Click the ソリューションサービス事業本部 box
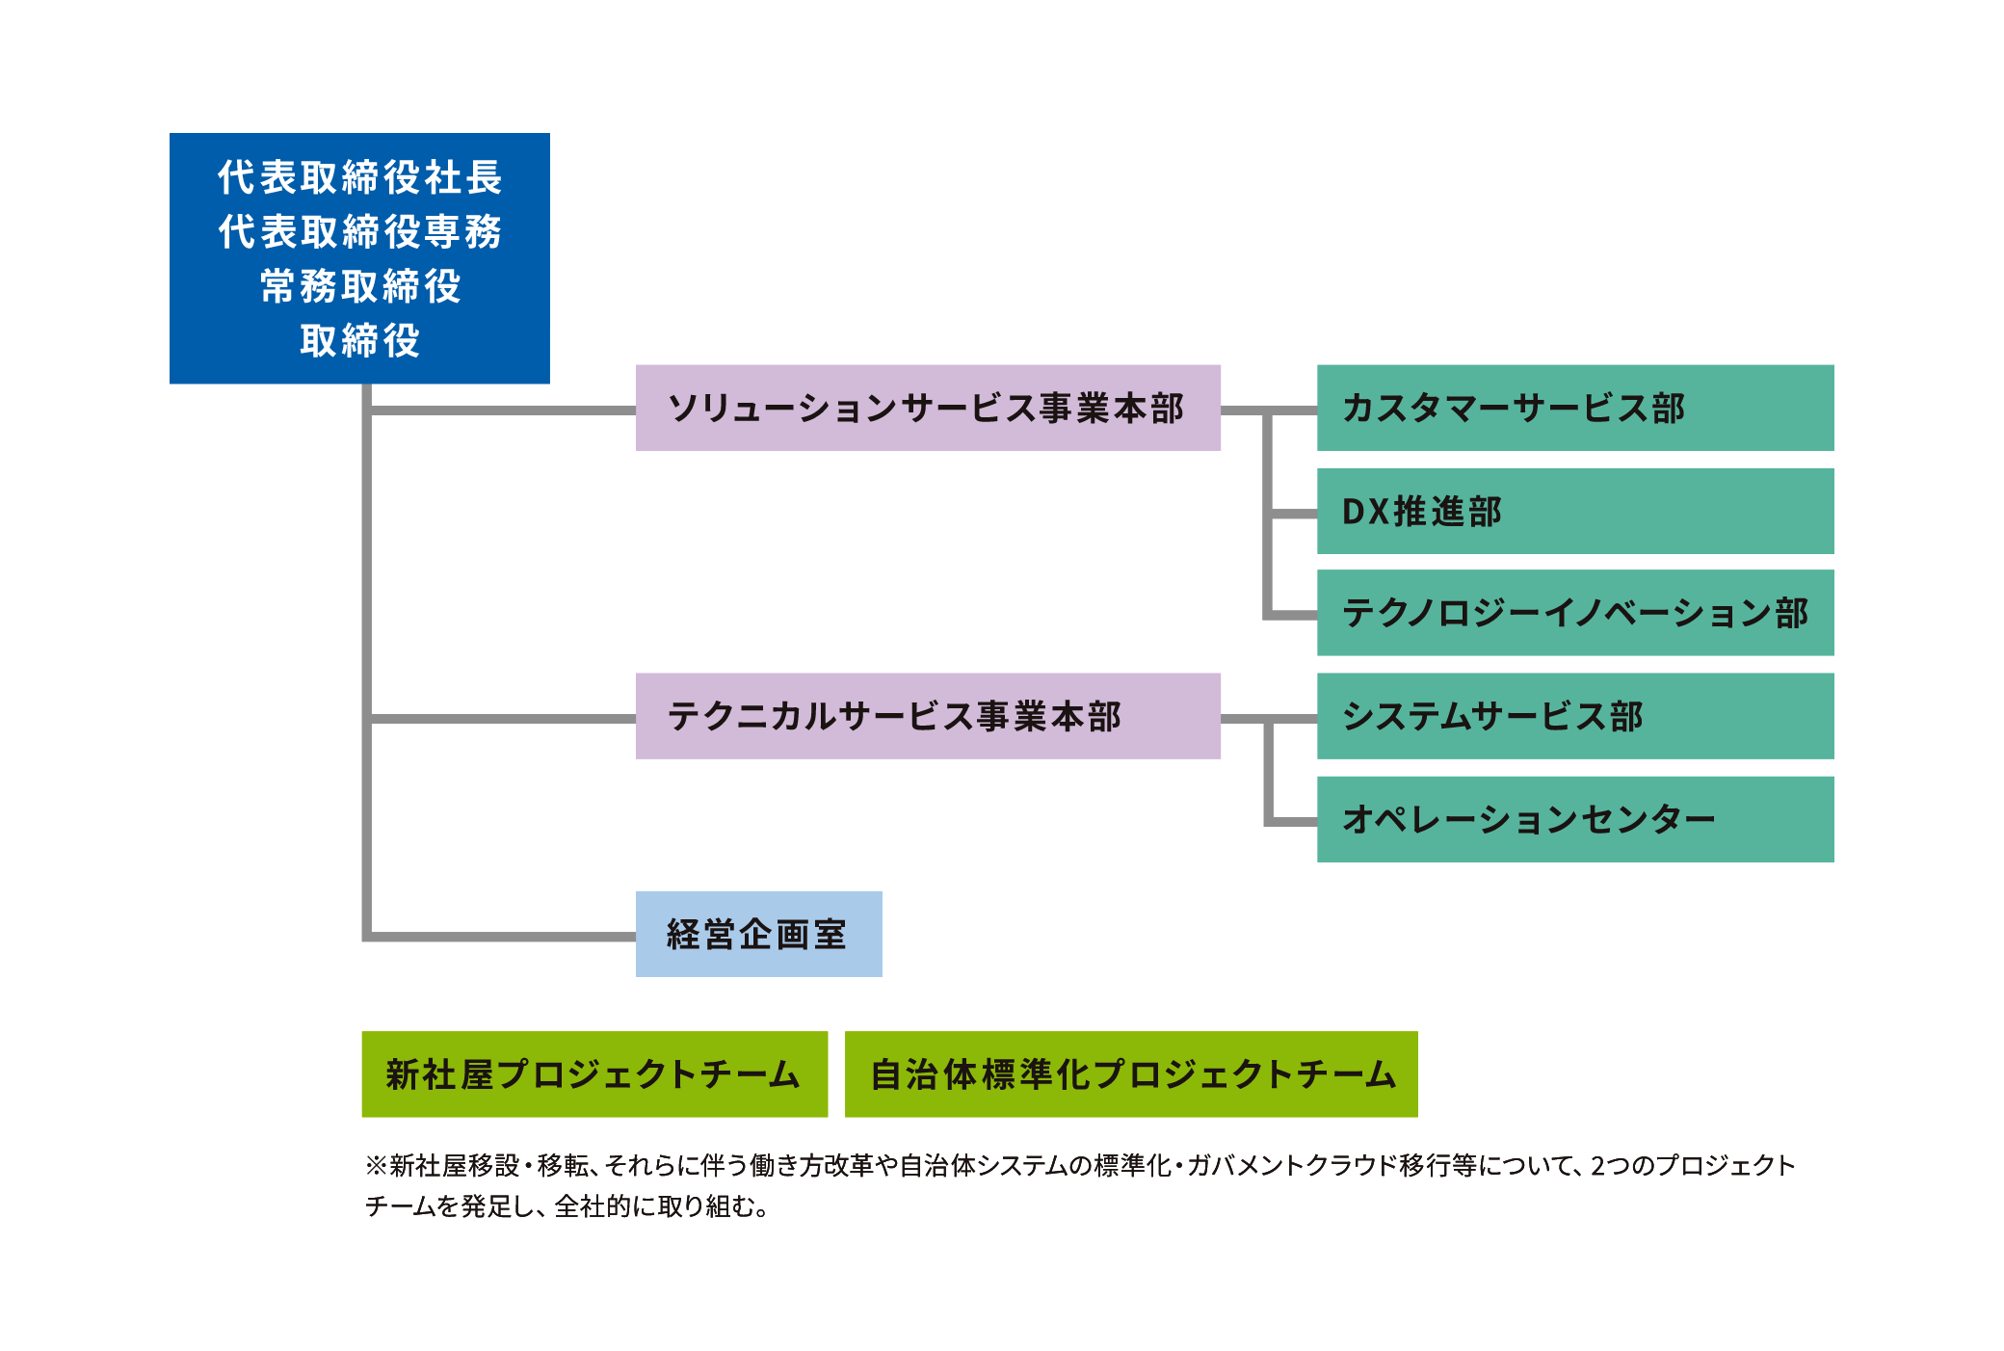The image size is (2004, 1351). pyautogui.click(x=928, y=408)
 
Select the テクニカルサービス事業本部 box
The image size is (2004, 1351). pyautogui.click(x=928, y=716)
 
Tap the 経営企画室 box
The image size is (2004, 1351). pyautogui.click(x=759, y=934)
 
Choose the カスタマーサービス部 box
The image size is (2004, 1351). pyautogui.click(x=1575, y=408)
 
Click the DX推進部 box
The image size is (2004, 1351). pyautogui.click(x=1575, y=512)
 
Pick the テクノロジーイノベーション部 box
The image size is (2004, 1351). pyautogui.click(x=1575, y=613)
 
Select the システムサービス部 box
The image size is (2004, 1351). pyautogui.click(x=1575, y=716)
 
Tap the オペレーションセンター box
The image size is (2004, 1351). pyautogui.click(x=1575, y=819)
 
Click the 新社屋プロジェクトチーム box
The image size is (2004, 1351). pyautogui.click(x=594, y=1074)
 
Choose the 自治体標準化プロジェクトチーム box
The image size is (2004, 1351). pyautogui.click(x=1131, y=1074)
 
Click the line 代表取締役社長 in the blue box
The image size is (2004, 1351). pyautogui.click(x=360, y=177)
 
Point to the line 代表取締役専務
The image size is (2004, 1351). pyautogui.click(x=360, y=231)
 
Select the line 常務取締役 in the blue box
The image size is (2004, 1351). pyautogui.click(x=360, y=286)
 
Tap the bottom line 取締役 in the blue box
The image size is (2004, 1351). pyautogui.click(x=360, y=340)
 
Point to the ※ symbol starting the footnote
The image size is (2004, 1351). pyautogui.click(x=376, y=1166)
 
